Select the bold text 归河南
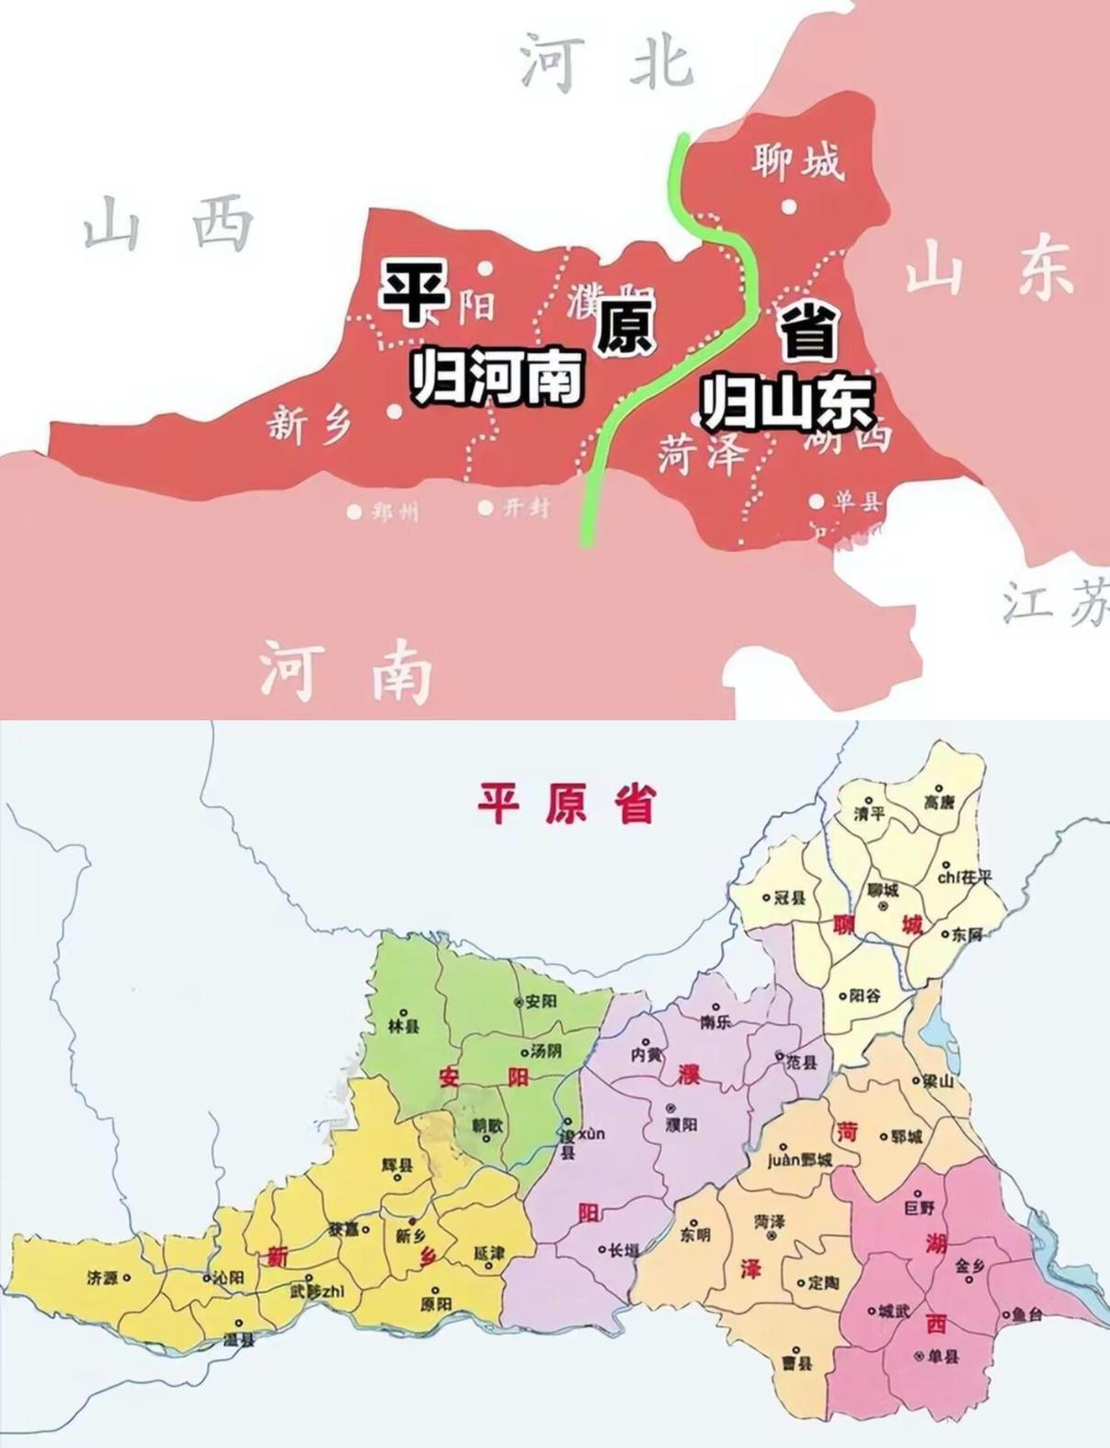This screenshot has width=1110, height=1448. point(497,376)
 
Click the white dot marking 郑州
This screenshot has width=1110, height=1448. point(354,511)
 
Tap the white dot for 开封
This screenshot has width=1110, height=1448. point(486,507)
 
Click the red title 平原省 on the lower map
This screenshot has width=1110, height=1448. point(566,802)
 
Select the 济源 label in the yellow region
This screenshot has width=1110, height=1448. point(103,1278)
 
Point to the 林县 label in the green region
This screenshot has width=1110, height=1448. point(402,1025)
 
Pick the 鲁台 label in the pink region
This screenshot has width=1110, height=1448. point(1026,1316)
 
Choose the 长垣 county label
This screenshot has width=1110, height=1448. point(623,1250)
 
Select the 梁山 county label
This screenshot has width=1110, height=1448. point(939,1082)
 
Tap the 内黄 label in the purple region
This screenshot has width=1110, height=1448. point(646,1054)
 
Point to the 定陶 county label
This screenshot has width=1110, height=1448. point(823,1282)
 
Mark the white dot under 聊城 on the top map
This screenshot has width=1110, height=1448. point(789,206)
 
